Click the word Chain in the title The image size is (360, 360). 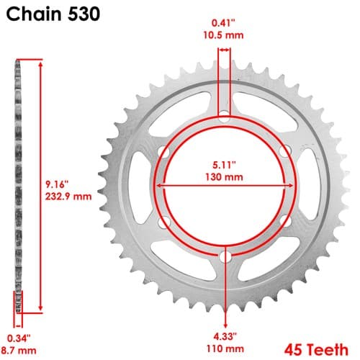click(34, 14)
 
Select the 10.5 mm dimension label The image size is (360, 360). click(223, 35)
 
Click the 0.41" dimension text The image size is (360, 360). click(223, 23)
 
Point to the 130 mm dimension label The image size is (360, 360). click(224, 177)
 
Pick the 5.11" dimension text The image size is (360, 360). click(224, 165)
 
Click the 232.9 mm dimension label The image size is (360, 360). click(68, 197)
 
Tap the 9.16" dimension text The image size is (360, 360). click(57, 184)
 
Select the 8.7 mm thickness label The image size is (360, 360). click(19, 351)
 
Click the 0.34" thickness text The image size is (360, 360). click(19, 338)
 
